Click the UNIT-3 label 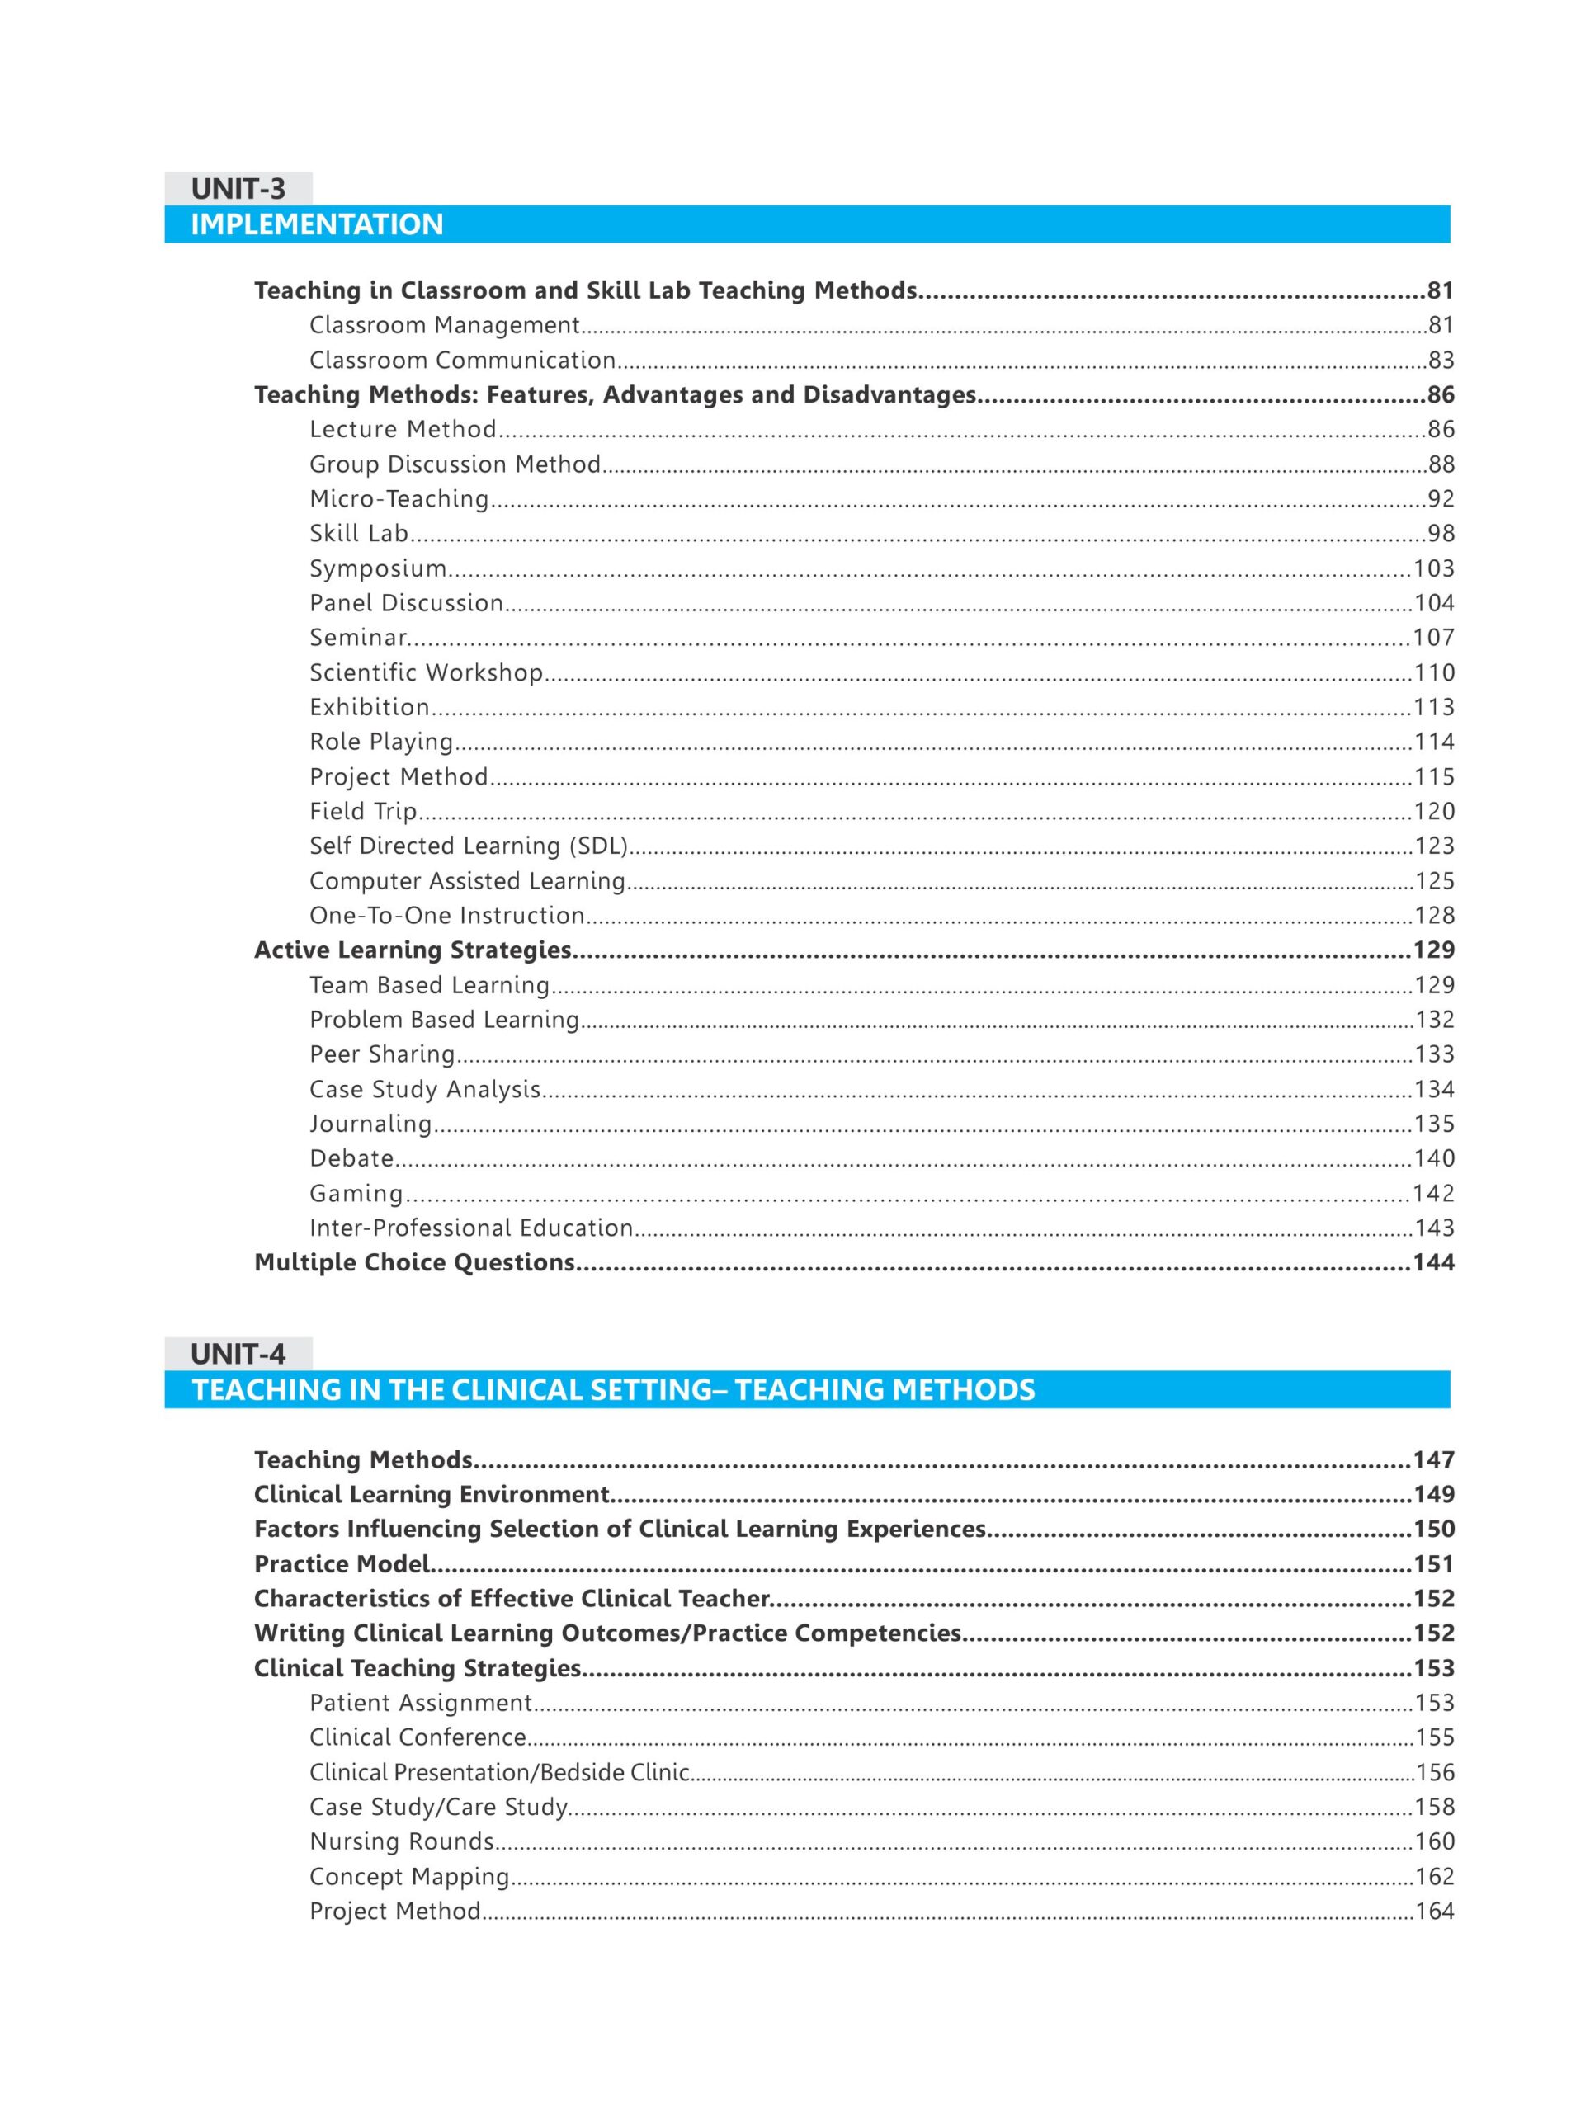(x=238, y=188)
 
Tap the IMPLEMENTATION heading (x=317, y=224)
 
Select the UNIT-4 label (x=238, y=1353)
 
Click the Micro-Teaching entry (x=399, y=498)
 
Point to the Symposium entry (x=378, y=568)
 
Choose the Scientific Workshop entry (x=426, y=672)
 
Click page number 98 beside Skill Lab (x=1440, y=534)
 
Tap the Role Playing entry (x=381, y=742)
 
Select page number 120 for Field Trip (x=1433, y=812)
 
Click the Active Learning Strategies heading (x=413, y=950)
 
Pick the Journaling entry (x=370, y=1124)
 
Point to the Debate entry (x=351, y=1158)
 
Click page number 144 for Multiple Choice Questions (x=1433, y=1262)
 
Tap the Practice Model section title (x=342, y=1564)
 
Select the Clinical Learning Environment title (x=432, y=1494)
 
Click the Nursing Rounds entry (x=401, y=1841)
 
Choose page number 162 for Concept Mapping (x=1434, y=1876)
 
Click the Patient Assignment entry (x=420, y=1703)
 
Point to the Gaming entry (x=356, y=1194)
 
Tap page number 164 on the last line (x=1434, y=1911)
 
